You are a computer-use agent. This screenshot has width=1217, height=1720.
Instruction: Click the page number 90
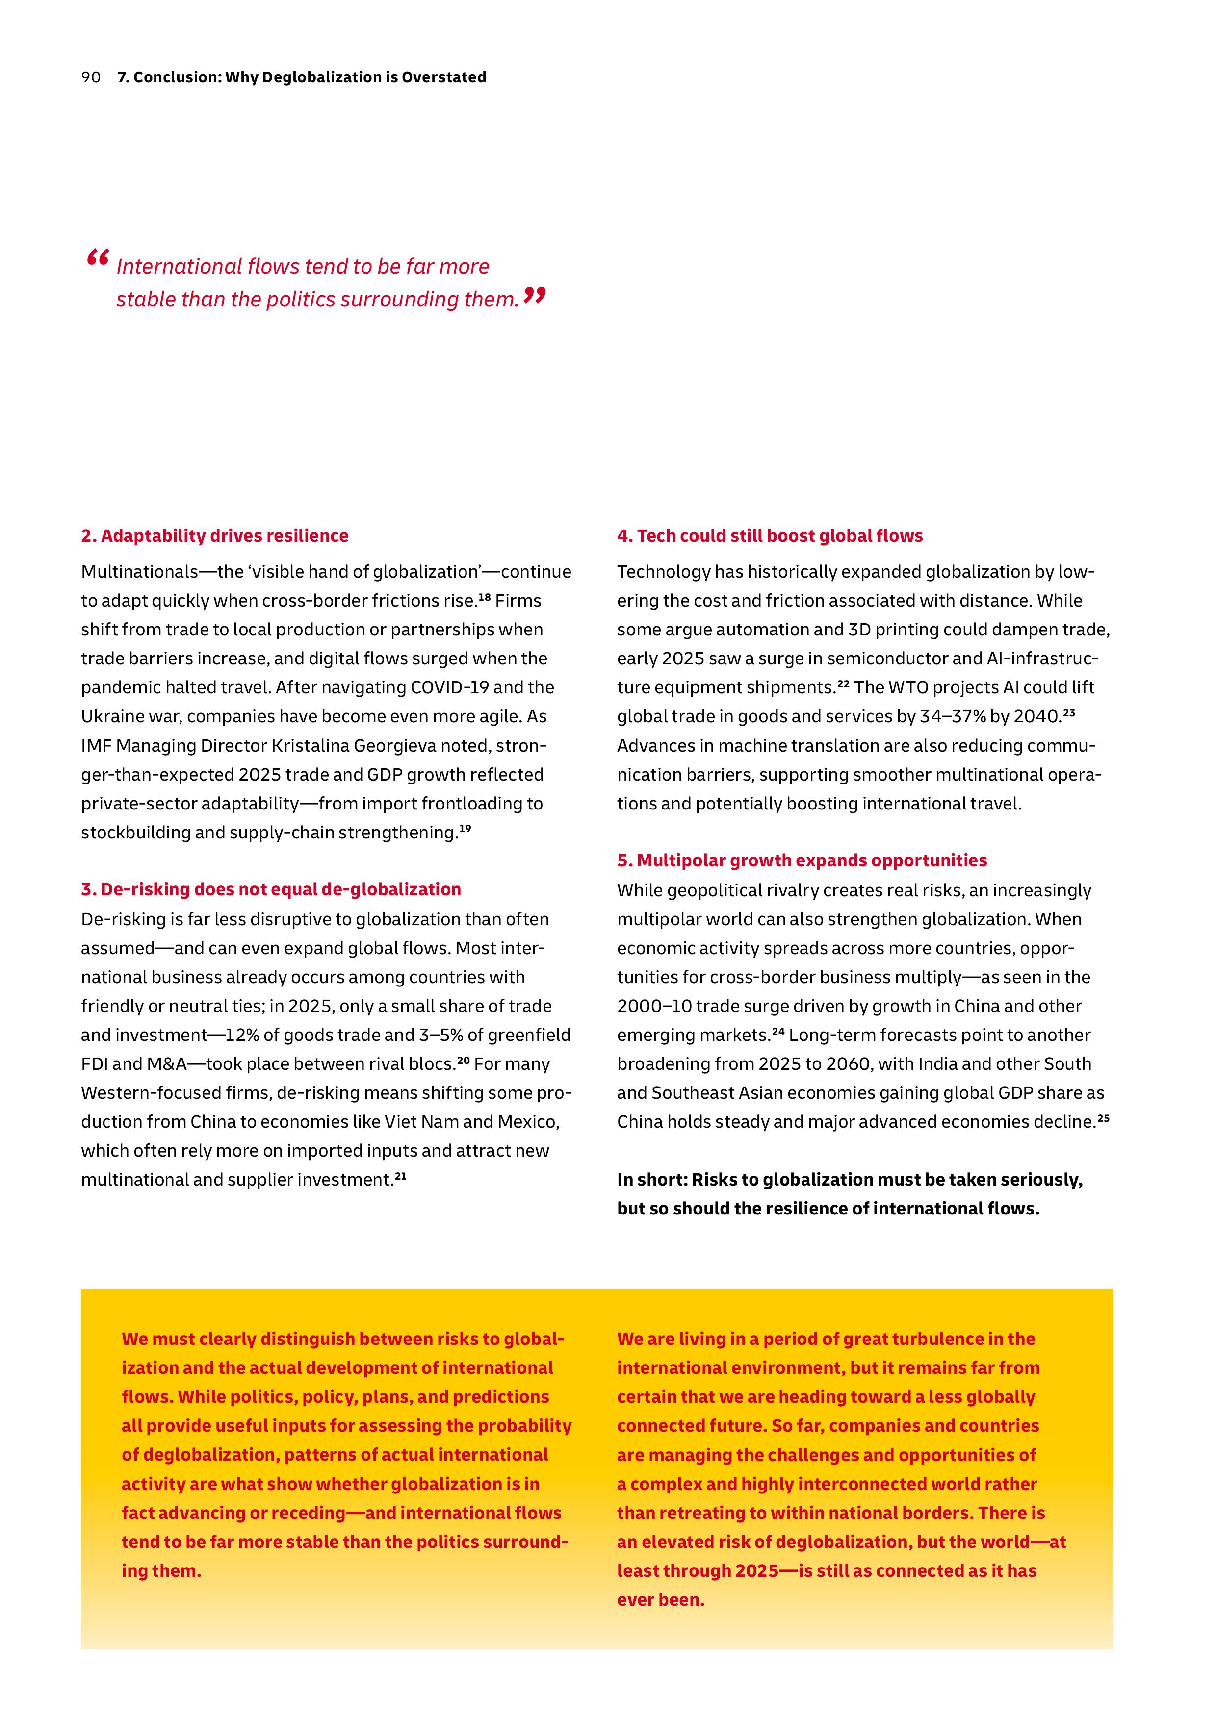pyautogui.click(x=91, y=77)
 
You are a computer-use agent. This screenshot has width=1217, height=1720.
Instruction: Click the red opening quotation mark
pyautogui.click(x=98, y=258)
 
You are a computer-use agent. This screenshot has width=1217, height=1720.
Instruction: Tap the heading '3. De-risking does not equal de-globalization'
pyautogui.click(x=271, y=889)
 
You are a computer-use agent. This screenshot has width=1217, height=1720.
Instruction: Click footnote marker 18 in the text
pyautogui.click(x=484, y=597)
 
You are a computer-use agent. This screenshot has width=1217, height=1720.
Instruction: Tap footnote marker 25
pyautogui.click(x=1103, y=1118)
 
